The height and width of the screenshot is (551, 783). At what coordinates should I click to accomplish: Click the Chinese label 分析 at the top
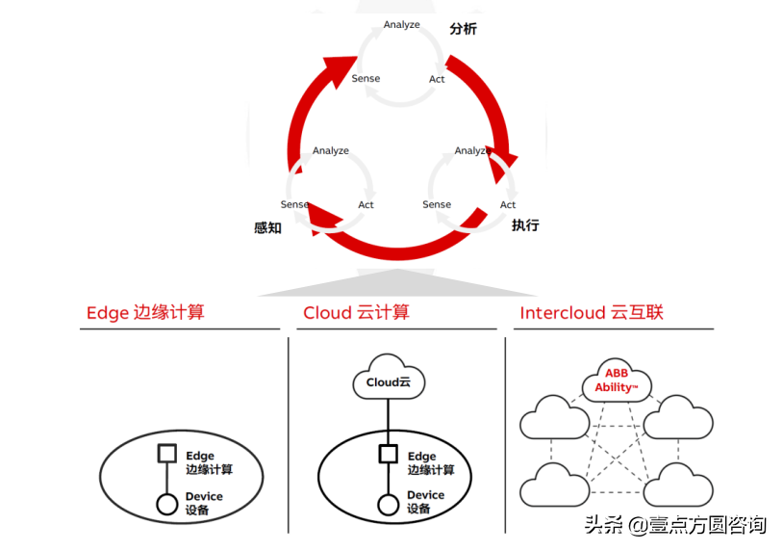pos(463,29)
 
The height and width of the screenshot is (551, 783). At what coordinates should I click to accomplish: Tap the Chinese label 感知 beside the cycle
pos(267,228)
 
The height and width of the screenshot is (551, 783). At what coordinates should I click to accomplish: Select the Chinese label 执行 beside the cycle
pos(525,225)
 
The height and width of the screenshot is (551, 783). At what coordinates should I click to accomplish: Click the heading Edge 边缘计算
pos(145,312)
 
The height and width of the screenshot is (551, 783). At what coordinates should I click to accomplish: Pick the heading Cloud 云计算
pos(356,312)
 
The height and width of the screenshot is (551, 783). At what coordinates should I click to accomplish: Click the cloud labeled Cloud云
pos(389,380)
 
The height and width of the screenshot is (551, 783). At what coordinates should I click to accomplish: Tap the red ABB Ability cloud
pos(615,380)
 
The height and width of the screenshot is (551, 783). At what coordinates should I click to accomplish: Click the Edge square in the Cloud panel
pos(389,454)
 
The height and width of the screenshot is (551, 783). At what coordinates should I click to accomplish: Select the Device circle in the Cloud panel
pos(389,504)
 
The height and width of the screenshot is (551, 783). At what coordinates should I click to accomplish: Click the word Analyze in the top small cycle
pos(401,24)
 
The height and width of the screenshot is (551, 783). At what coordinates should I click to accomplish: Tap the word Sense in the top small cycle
pos(366,79)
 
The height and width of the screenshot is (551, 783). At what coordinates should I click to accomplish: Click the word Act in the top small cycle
pos(437,79)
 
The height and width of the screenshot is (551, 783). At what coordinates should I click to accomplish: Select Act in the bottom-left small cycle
pos(366,205)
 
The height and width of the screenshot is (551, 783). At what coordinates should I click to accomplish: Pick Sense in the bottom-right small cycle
pos(437,205)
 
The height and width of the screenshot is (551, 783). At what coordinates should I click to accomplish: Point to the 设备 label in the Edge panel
pos(199,510)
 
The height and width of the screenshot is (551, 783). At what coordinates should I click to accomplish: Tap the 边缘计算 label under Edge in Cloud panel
pos(431,470)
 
